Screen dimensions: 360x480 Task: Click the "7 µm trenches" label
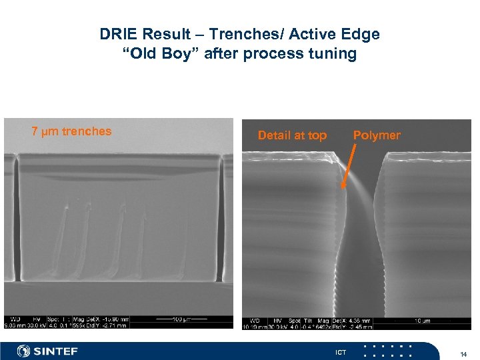click(x=72, y=131)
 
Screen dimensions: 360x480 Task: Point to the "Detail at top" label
click(x=292, y=135)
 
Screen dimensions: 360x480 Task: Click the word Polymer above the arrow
click(x=377, y=135)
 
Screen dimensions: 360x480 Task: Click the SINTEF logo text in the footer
click(x=56, y=351)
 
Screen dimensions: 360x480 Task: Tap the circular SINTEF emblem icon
click(x=24, y=351)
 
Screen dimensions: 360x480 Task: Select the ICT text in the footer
click(x=341, y=351)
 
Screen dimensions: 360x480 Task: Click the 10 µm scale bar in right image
click(x=423, y=321)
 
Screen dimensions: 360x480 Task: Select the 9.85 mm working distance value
click(x=14, y=326)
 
